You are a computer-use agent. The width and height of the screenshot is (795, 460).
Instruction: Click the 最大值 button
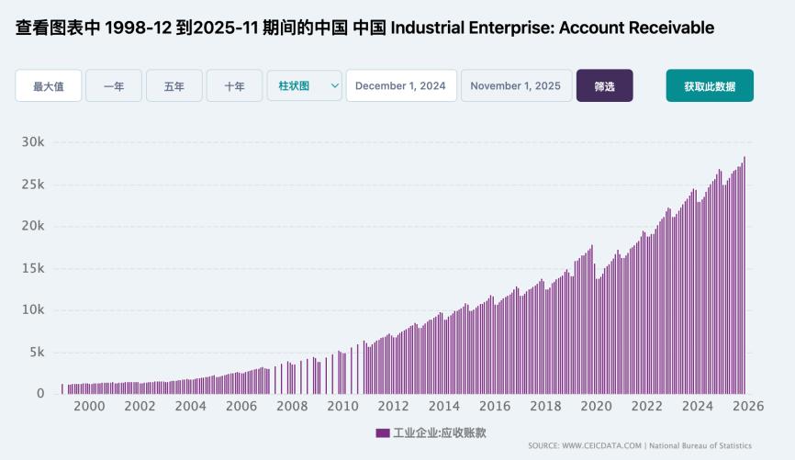click(x=48, y=85)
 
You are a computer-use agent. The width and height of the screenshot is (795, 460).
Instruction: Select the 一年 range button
click(x=114, y=85)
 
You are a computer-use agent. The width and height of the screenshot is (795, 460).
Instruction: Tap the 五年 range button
click(x=174, y=85)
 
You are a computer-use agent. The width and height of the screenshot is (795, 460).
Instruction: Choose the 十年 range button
click(x=234, y=85)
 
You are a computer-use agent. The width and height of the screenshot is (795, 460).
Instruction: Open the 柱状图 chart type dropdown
click(x=304, y=85)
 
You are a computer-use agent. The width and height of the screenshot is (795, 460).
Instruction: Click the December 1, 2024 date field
click(x=400, y=85)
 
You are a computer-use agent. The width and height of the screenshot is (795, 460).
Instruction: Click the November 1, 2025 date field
click(x=515, y=85)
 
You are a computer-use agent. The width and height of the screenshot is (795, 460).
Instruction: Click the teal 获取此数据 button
click(x=709, y=85)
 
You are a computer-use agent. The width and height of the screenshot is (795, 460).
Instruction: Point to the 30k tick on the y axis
click(x=33, y=142)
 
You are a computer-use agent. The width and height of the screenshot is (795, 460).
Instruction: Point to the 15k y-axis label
click(x=33, y=268)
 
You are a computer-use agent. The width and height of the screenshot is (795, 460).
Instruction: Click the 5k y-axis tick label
click(x=36, y=352)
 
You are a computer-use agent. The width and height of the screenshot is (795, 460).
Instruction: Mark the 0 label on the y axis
click(x=39, y=393)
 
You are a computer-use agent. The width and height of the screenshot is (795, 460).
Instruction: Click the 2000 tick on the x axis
click(x=89, y=407)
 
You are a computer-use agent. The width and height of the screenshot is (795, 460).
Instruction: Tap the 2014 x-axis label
click(x=443, y=407)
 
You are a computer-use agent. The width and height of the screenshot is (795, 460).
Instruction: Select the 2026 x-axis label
click(x=748, y=407)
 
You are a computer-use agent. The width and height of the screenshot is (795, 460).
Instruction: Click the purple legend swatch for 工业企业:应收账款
click(x=382, y=432)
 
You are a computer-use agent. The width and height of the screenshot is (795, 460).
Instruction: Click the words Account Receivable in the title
click(x=636, y=28)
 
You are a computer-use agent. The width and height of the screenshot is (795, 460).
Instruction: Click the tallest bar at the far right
click(x=745, y=275)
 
